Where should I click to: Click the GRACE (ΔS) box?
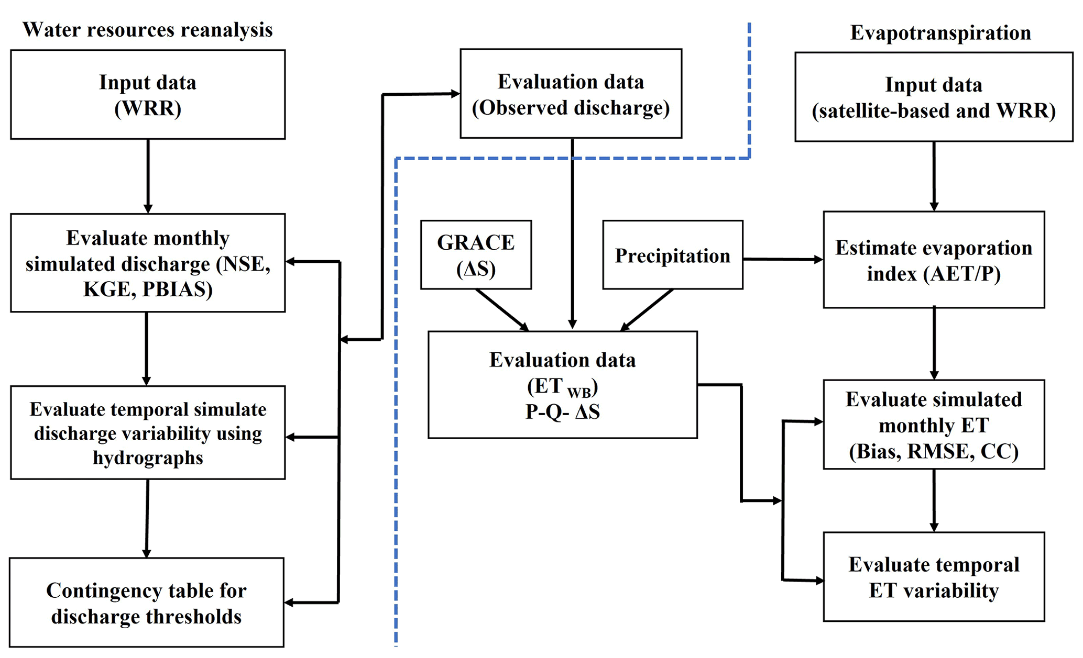click(x=476, y=255)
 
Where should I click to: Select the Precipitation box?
click(x=672, y=255)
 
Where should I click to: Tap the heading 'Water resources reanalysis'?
click(x=147, y=30)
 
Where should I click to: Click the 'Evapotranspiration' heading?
click(x=940, y=32)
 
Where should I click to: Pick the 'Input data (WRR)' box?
click(x=148, y=95)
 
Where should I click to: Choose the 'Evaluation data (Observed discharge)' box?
click(x=571, y=94)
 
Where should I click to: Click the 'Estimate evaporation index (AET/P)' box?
click(x=934, y=260)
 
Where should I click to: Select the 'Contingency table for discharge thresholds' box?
click(x=147, y=603)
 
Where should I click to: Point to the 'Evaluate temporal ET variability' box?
click(x=934, y=577)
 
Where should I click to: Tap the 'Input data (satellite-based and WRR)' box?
click(x=934, y=97)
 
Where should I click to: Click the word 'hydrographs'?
click(x=148, y=458)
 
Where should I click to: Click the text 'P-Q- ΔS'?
click(x=562, y=412)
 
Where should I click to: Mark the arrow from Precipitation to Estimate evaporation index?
click(x=783, y=259)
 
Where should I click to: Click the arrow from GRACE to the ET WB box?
click(x=502, y=309)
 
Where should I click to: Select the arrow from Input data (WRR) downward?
click(x=148, y=176)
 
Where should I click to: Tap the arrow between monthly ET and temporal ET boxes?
click(x=934, y=500)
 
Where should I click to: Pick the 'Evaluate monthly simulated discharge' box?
click(x=148, y=263)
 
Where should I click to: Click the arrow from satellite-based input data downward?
click(x=934, y=176)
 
